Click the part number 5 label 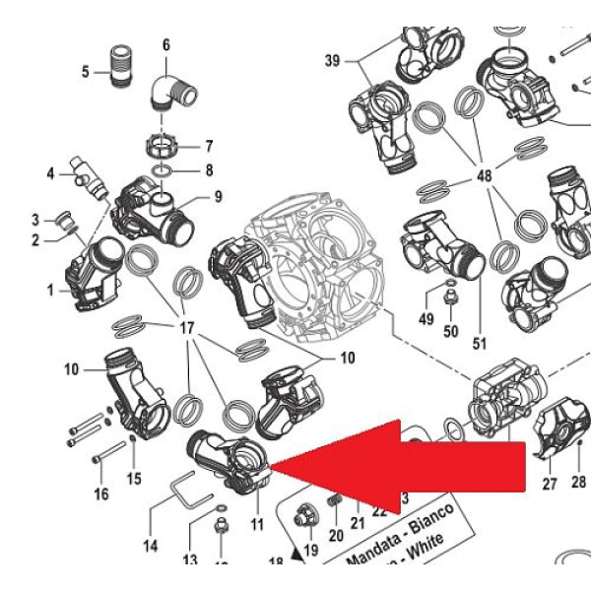point(86,72)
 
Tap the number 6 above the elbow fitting point(165,44)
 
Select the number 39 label point(332,61)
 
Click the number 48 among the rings point(484,175)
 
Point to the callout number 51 point(480,343)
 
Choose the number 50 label point(450,330)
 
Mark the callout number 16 point(101,493)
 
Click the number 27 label point(549,484)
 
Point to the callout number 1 point(50,291)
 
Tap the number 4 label point(50,174)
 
